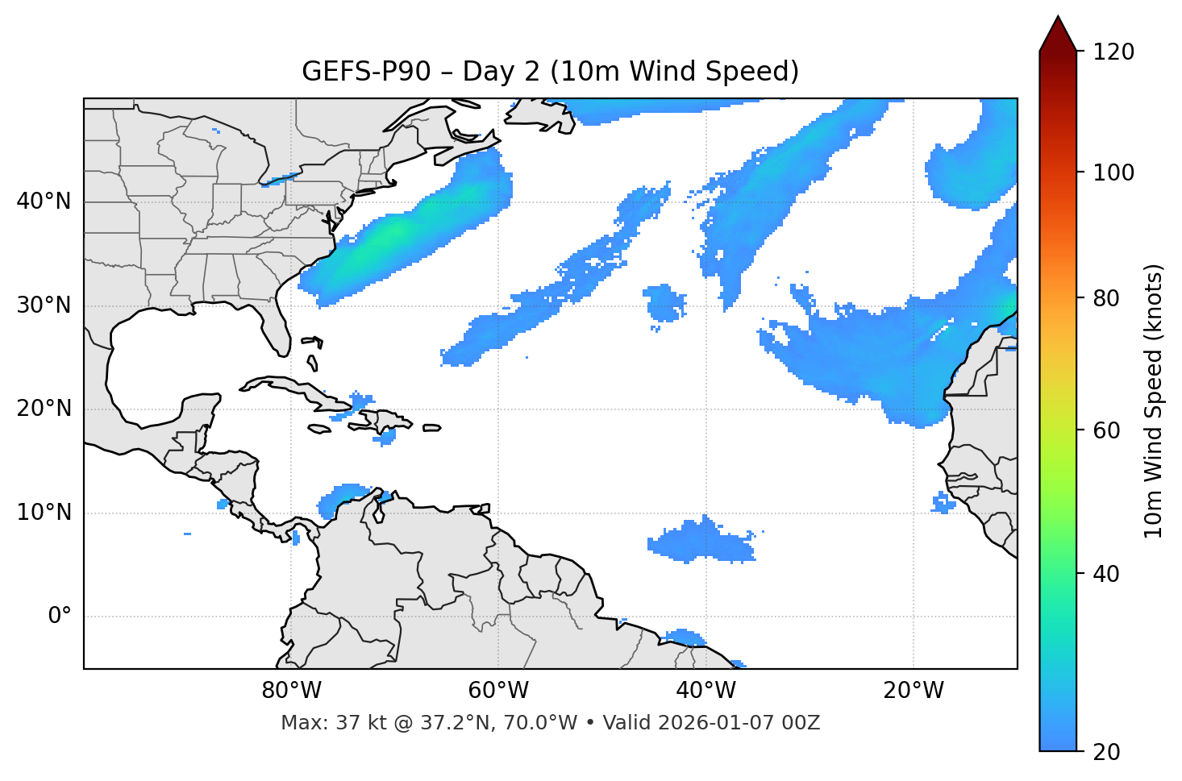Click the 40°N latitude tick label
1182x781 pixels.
44,201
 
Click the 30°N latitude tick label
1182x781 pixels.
44,305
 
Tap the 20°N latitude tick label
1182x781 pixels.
44,409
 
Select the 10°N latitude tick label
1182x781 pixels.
44,513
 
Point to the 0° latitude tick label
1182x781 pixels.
60,617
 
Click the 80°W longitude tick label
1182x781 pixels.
291,691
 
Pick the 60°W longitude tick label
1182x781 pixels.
498,691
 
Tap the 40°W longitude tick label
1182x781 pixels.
705,691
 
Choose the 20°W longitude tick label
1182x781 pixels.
914,691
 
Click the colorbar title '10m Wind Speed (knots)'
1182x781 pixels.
1154,401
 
